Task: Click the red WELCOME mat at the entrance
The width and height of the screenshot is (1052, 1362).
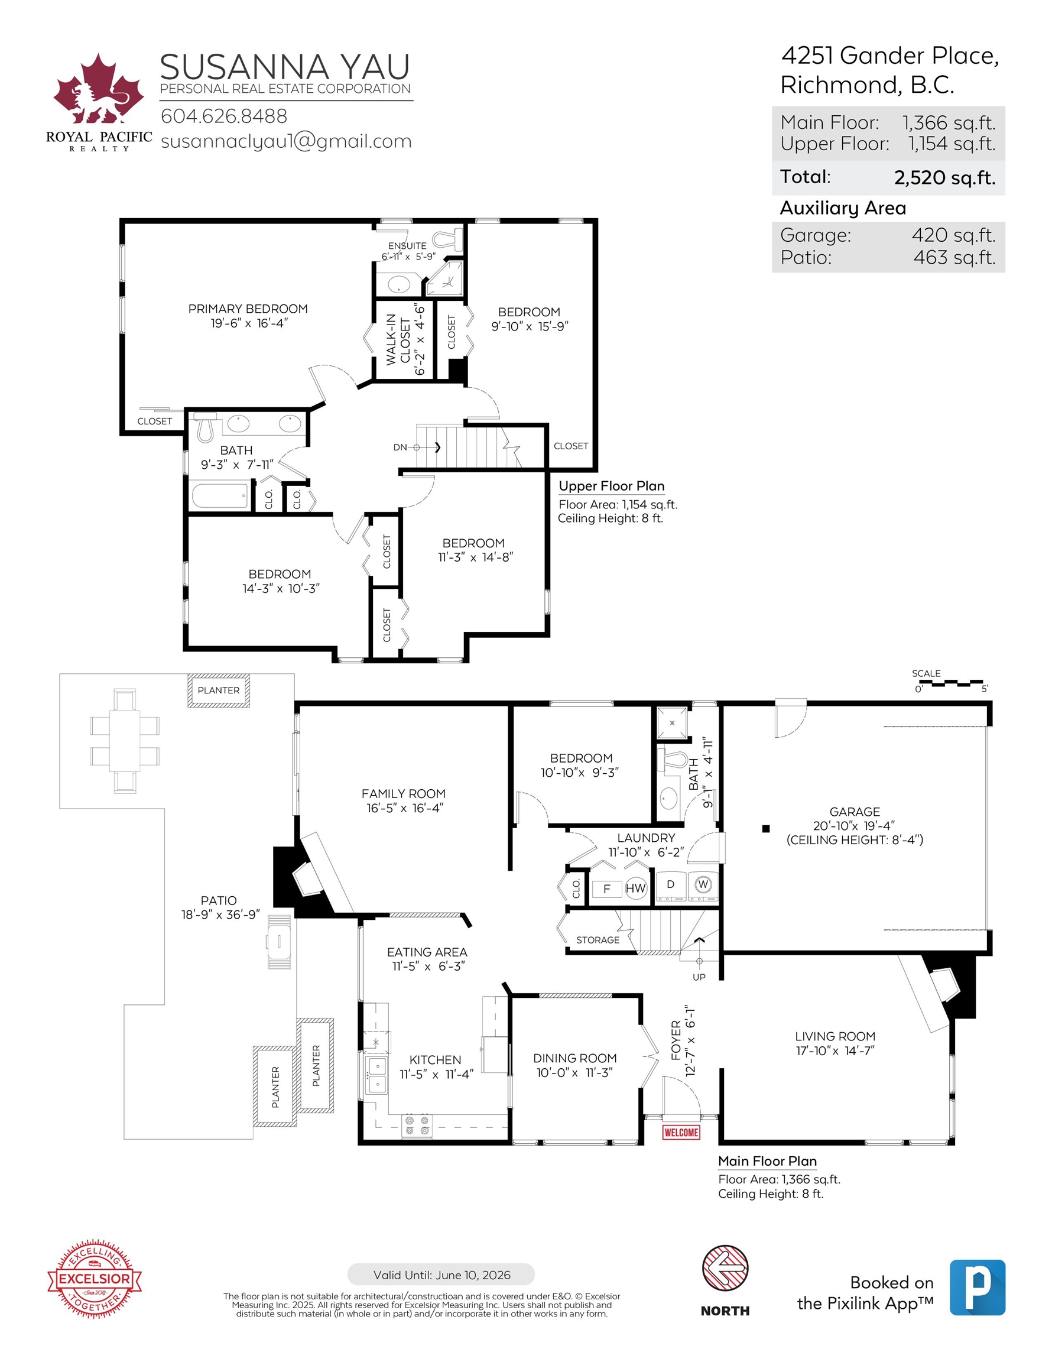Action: [x=681, y=1132]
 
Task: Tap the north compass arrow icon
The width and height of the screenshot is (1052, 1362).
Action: [x=725, y=1268]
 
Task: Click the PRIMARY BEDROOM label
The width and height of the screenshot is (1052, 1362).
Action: [x=248, y=309]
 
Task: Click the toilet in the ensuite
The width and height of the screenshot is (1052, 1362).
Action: [x=449, y=239]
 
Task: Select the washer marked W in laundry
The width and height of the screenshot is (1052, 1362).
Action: [x=703, y=885]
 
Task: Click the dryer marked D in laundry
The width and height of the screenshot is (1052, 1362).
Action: [x=671, y=885]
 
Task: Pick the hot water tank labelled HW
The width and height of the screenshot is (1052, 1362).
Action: [x=635, y=888]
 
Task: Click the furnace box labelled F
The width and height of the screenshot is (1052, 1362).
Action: [x=607, y=888]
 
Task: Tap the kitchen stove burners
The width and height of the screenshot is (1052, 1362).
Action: [x=417, y=1125]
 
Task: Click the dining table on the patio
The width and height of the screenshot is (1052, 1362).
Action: [x=125, y=741]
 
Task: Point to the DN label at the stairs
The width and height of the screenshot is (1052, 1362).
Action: [x=400, y=447]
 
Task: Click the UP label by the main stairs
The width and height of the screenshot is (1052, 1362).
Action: [x=699, y=977]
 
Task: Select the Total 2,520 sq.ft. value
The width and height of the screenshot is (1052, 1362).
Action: [x=945, y=178]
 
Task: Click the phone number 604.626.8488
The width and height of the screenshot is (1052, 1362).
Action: [x=224, y=116]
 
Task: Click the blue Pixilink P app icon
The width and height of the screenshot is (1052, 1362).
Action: [x=977, y=1287]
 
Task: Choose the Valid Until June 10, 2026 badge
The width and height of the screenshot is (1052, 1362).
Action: [x=441, y=1275]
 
